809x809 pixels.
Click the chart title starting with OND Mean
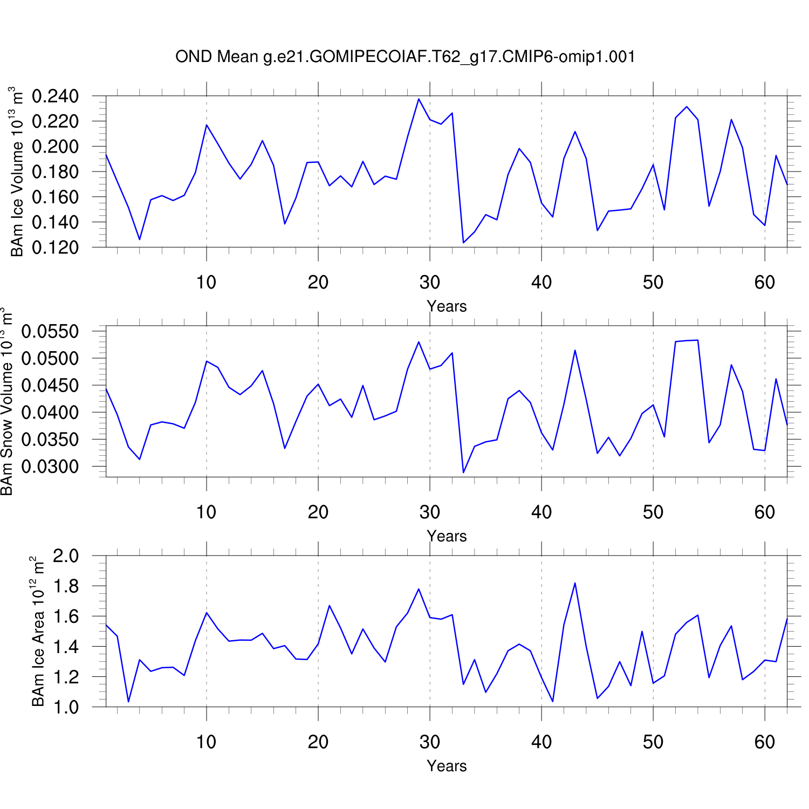(405, 57)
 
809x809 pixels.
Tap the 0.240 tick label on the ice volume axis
(55, 97)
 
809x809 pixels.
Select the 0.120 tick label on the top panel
(55, 248)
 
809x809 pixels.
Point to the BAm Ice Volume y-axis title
(17, 172)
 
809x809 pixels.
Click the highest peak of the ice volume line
(419, 99)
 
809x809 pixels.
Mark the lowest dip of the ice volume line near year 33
(463, 243)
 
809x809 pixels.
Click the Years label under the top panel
(447, 306)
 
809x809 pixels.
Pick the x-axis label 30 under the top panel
(430, 282)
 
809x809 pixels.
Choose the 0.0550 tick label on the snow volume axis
(50, 332)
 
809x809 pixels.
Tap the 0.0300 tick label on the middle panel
(50, 467)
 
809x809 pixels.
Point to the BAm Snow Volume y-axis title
(6, 401)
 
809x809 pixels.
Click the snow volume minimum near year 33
(463, 472)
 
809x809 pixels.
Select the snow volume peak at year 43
(575, 350)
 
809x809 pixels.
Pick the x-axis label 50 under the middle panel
(653, 512)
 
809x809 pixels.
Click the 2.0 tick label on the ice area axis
(66, 556)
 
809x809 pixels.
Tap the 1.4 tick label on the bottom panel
(66, 647)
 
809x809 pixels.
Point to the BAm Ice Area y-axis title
(38, 631)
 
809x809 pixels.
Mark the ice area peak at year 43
(575, 583)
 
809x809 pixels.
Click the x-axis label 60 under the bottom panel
(765, 742)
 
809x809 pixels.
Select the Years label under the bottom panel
(447, 766)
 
